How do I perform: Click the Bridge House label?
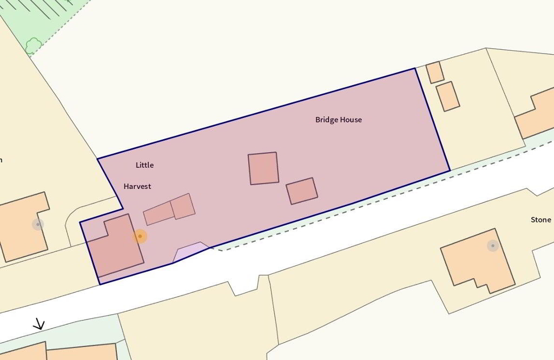click(x=338, y=120)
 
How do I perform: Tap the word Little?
click(x=144, y=165)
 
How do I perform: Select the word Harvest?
click(x=137, y=186)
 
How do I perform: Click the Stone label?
click(x=540, y=220)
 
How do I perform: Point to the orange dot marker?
click(x=140, y=237)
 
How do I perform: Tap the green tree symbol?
click(x=34, y=45)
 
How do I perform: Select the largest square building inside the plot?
click(x=263, y=168)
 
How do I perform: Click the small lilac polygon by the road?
click(x=190, y=252)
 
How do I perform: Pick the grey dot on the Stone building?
click(x=492, y=246)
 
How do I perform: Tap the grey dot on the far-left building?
click(x=38, y=224)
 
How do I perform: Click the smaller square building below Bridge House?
click(x=302, y=191)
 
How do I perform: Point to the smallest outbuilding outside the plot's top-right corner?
click(x=434, y=73)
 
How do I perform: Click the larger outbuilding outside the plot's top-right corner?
click(x=448, y=96)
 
